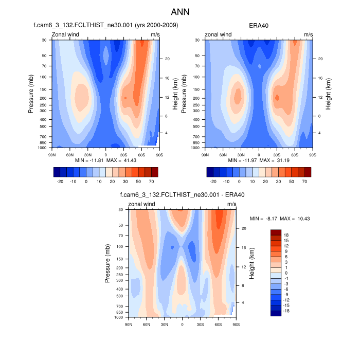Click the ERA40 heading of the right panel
click(x=259, y=25)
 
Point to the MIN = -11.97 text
click(x=240, y=161)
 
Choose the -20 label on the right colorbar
click(x=213, y=182)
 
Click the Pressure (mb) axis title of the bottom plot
click(x=108, y=263)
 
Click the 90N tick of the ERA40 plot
click(x=205, y=154)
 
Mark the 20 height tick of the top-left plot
click(x=167, y=59)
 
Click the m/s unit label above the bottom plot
click(x=232, y=204)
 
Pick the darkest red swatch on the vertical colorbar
click(x=276, y=232)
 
